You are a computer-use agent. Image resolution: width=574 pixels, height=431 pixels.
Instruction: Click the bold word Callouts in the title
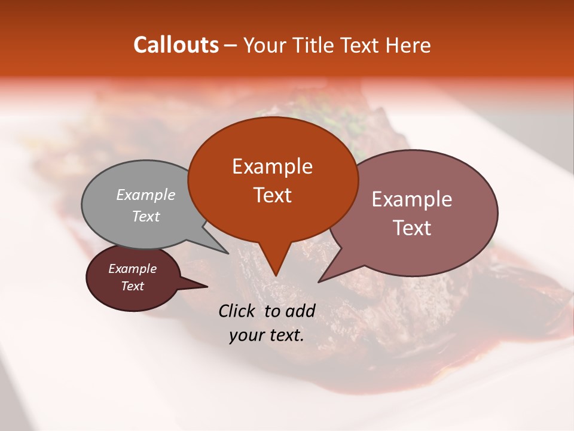(176, 45)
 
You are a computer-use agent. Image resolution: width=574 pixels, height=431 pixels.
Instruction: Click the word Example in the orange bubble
(272, 166)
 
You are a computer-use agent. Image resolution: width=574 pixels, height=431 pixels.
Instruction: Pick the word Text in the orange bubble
(272, 195)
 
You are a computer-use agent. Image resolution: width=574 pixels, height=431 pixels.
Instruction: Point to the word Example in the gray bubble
(146, 195)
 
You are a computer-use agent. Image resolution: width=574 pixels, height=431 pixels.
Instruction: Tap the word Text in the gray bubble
(146, 216)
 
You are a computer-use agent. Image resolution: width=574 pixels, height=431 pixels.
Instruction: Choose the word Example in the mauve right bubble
(412, 199)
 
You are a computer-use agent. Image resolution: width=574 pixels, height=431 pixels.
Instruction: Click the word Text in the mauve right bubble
(412, 228)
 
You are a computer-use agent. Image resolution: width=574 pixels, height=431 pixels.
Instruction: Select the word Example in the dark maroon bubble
(133, 269)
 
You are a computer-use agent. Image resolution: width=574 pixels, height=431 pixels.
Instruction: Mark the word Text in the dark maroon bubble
(133, 286)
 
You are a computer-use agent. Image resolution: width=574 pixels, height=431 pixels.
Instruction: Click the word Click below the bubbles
(238, 311)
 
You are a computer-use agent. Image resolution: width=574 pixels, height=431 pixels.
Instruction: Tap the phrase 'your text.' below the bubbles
(267, 336)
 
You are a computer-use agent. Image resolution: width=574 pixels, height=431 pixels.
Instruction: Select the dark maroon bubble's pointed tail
(203, 287)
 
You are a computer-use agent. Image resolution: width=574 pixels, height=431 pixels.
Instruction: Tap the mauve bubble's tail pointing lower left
(320, 280)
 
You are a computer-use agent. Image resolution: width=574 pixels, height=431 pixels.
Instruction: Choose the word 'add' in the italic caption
(300, 311)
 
